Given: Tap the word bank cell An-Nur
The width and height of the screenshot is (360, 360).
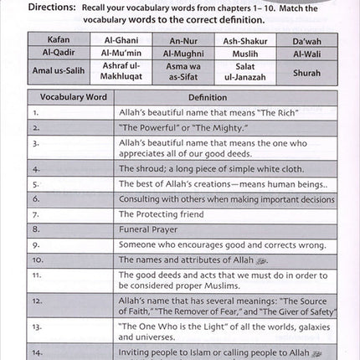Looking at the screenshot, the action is [178, 39].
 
